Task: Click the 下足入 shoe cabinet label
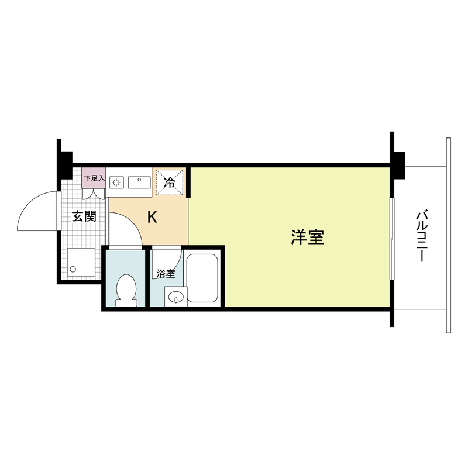pyautogui.click(x=93, y=178)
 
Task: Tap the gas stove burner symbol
pyautogui.click(x=117, y=183)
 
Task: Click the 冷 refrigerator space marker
pyautogui.click(x=170, y=182)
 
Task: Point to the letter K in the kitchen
pyautogui.click(x=152, y=218)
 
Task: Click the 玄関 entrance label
pyautogui.click(x=84, y=216)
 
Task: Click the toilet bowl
pyautogui.click(x=126, y=290)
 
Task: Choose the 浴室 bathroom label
pyautogui.click(x=166, y=273)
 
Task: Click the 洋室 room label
pyautogui.click(x=307, y=237)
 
